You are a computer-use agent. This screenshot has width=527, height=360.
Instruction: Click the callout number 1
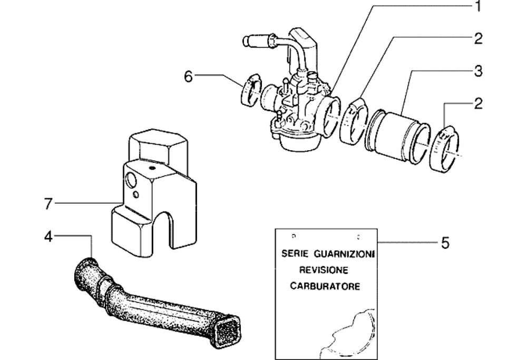point(478,6)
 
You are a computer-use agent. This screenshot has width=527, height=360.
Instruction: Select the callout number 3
point(478,71)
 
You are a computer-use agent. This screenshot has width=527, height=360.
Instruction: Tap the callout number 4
point(48,237)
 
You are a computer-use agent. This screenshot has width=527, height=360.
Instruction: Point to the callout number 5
point(445,242)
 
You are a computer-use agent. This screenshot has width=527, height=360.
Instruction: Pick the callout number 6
point(189,76)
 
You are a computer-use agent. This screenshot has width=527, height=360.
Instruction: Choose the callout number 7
point(48,204)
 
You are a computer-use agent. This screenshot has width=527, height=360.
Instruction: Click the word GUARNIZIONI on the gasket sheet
point(344,254)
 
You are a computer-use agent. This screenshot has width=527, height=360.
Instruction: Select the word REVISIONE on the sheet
point(324,270)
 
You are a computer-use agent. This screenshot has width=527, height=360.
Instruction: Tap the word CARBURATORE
point(325,286)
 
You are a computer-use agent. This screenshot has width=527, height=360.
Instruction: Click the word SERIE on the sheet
point(295,254)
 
